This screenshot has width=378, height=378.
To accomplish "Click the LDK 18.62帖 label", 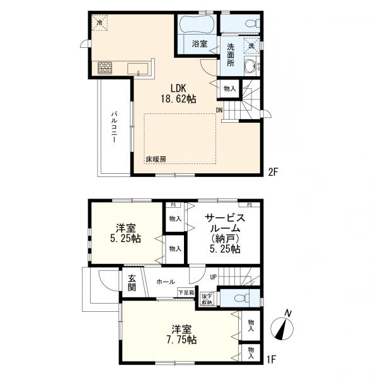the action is click(x=178, y=94).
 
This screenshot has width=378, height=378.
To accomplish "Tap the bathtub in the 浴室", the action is click(x=197, y=24).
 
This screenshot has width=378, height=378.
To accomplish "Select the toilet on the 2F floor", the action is click(x=252, y=24).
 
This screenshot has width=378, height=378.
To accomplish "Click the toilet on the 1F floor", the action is click(x=242, y=299).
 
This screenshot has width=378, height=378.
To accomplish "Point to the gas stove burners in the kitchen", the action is click(x=105, y=68).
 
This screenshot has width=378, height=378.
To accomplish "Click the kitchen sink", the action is click(x=137, y=69).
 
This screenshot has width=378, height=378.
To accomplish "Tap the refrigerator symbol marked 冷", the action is click(x=99, y=23).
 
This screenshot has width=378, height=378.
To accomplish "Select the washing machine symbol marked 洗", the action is click(x=251, y=45).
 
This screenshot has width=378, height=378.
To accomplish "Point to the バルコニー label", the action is click(x=114, y=127).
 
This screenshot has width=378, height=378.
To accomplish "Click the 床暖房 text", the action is click(x=156, y=159).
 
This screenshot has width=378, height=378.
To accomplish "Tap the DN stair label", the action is click(x=219, y=110).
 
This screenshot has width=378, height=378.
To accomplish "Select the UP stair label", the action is click(x=214, y=277).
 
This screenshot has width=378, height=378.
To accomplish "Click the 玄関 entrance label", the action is click(x=132, y=282).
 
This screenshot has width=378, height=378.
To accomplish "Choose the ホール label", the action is click(x=166, y=282).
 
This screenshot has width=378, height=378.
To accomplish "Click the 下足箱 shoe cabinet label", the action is click(x=186, y=293).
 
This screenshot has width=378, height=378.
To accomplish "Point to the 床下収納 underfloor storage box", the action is click(x=207, y=299).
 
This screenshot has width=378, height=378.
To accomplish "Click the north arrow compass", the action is click(x=282, y=328).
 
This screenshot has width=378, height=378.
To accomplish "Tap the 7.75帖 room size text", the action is click(x=181, y=340).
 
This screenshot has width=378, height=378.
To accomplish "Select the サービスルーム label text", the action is click(x=225, y=223).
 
